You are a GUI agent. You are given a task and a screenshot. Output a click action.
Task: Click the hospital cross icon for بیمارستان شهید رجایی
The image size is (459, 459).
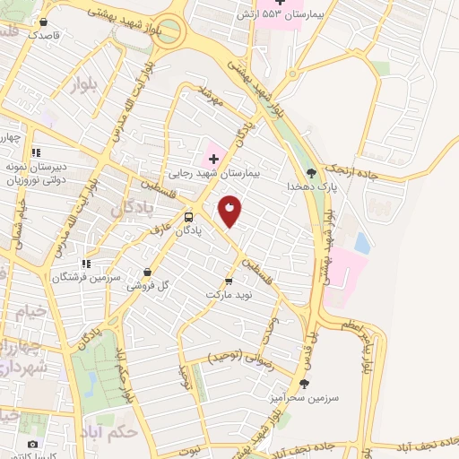(x=212, y=159)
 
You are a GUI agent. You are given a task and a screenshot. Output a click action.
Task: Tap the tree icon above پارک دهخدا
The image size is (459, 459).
(x=311, y=173)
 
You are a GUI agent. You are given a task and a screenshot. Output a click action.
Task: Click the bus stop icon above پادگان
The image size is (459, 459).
(x=188, y=217)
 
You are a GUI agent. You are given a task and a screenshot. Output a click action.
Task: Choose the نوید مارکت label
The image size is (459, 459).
(x=230, y=294)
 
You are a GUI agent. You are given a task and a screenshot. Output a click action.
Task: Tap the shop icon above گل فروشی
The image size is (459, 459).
(x=147, y=273)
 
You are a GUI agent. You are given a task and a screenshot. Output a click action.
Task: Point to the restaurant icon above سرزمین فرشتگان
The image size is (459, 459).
(x=85, y=264)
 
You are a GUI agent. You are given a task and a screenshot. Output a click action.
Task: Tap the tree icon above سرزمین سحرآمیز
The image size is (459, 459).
(x=303, y=383)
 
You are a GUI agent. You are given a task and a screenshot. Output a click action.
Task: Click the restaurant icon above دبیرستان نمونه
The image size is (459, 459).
(x=35, y=152)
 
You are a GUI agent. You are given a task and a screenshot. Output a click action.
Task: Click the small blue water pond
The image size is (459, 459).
(x=361, y=242)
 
